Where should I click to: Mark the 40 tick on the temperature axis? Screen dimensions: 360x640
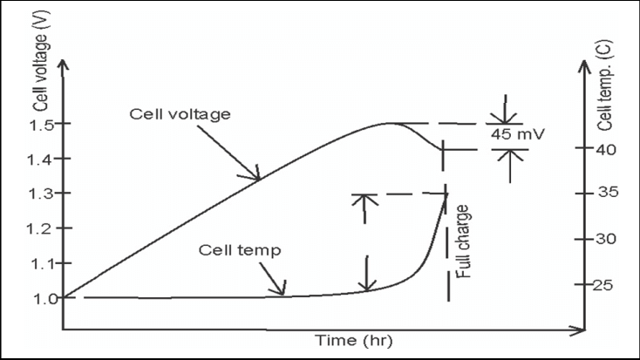click(x=607, y=149)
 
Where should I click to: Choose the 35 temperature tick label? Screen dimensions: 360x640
click(x=607, y=193)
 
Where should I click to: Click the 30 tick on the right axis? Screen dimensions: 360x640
click(x=607, y=239)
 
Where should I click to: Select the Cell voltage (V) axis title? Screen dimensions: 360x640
click(x=40, y=78)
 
